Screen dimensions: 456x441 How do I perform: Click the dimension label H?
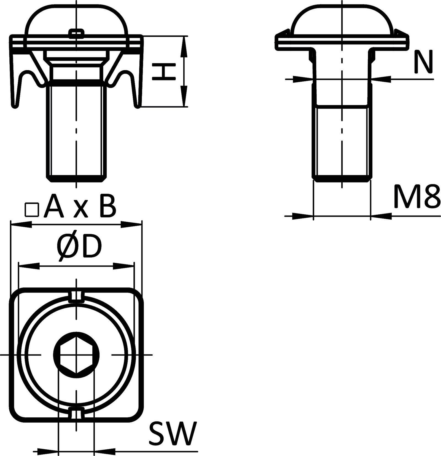pyautogui.click(x=164, y=71)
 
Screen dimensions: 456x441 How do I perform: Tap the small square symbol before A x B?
pyautogui.click(x=32, y=210)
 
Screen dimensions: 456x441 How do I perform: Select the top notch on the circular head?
pyautogui.click(x=76, y=295)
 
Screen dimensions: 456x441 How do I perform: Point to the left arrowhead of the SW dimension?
pyautogui.click(x=47, y=452)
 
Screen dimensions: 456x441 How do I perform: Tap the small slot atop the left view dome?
pyautogui.click(x=76, y=32)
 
